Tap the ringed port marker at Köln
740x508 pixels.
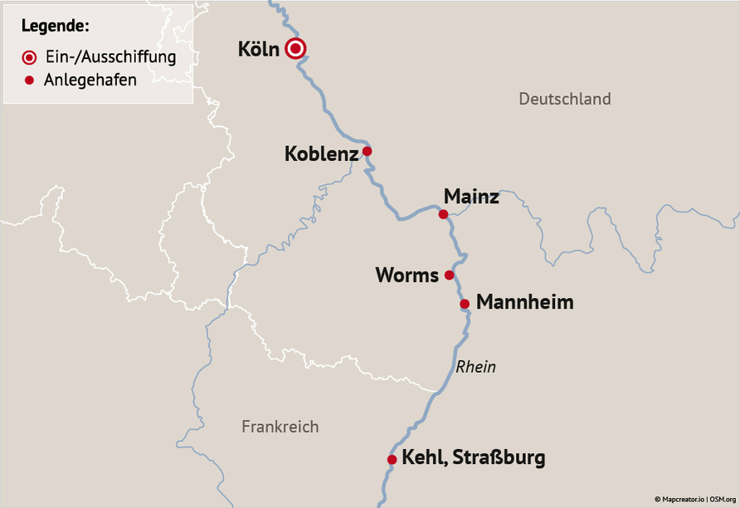pyautogui.click(x=295, y=50)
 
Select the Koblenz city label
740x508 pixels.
pyautogui.click(x=321, y=154)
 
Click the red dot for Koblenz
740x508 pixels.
pyautogui.click(x=367, y=151)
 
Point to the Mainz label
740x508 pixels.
pyautogui.click(x=471, y=197)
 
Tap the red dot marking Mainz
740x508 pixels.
pyautogui.click(x=443, y=214)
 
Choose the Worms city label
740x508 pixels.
pyautogui.click(x=407, y=275)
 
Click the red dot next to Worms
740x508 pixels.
pyautogui.click(x=449, y=275)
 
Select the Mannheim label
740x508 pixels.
pyautogui.click(x=524, y=302)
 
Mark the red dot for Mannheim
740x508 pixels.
pyautogui.click(x=465, y=304)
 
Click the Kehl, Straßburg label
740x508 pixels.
pyautogui.click(x=473, y=457)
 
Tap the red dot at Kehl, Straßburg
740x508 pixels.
pyautogui.click(x=392, y=459)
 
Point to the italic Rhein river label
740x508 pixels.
pyautogui.click(x=475, y=366)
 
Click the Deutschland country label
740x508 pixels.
pyautogui.click(x=564, y=99)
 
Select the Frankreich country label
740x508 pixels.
pyautogui.click(x=280, y=427)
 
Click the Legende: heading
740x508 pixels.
pyautogui.click(x=55, y=26)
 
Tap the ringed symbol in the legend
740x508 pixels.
pyautogui.click(x=30, y=57)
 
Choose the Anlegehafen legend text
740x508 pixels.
pyautogui.click(x=90, y=81)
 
